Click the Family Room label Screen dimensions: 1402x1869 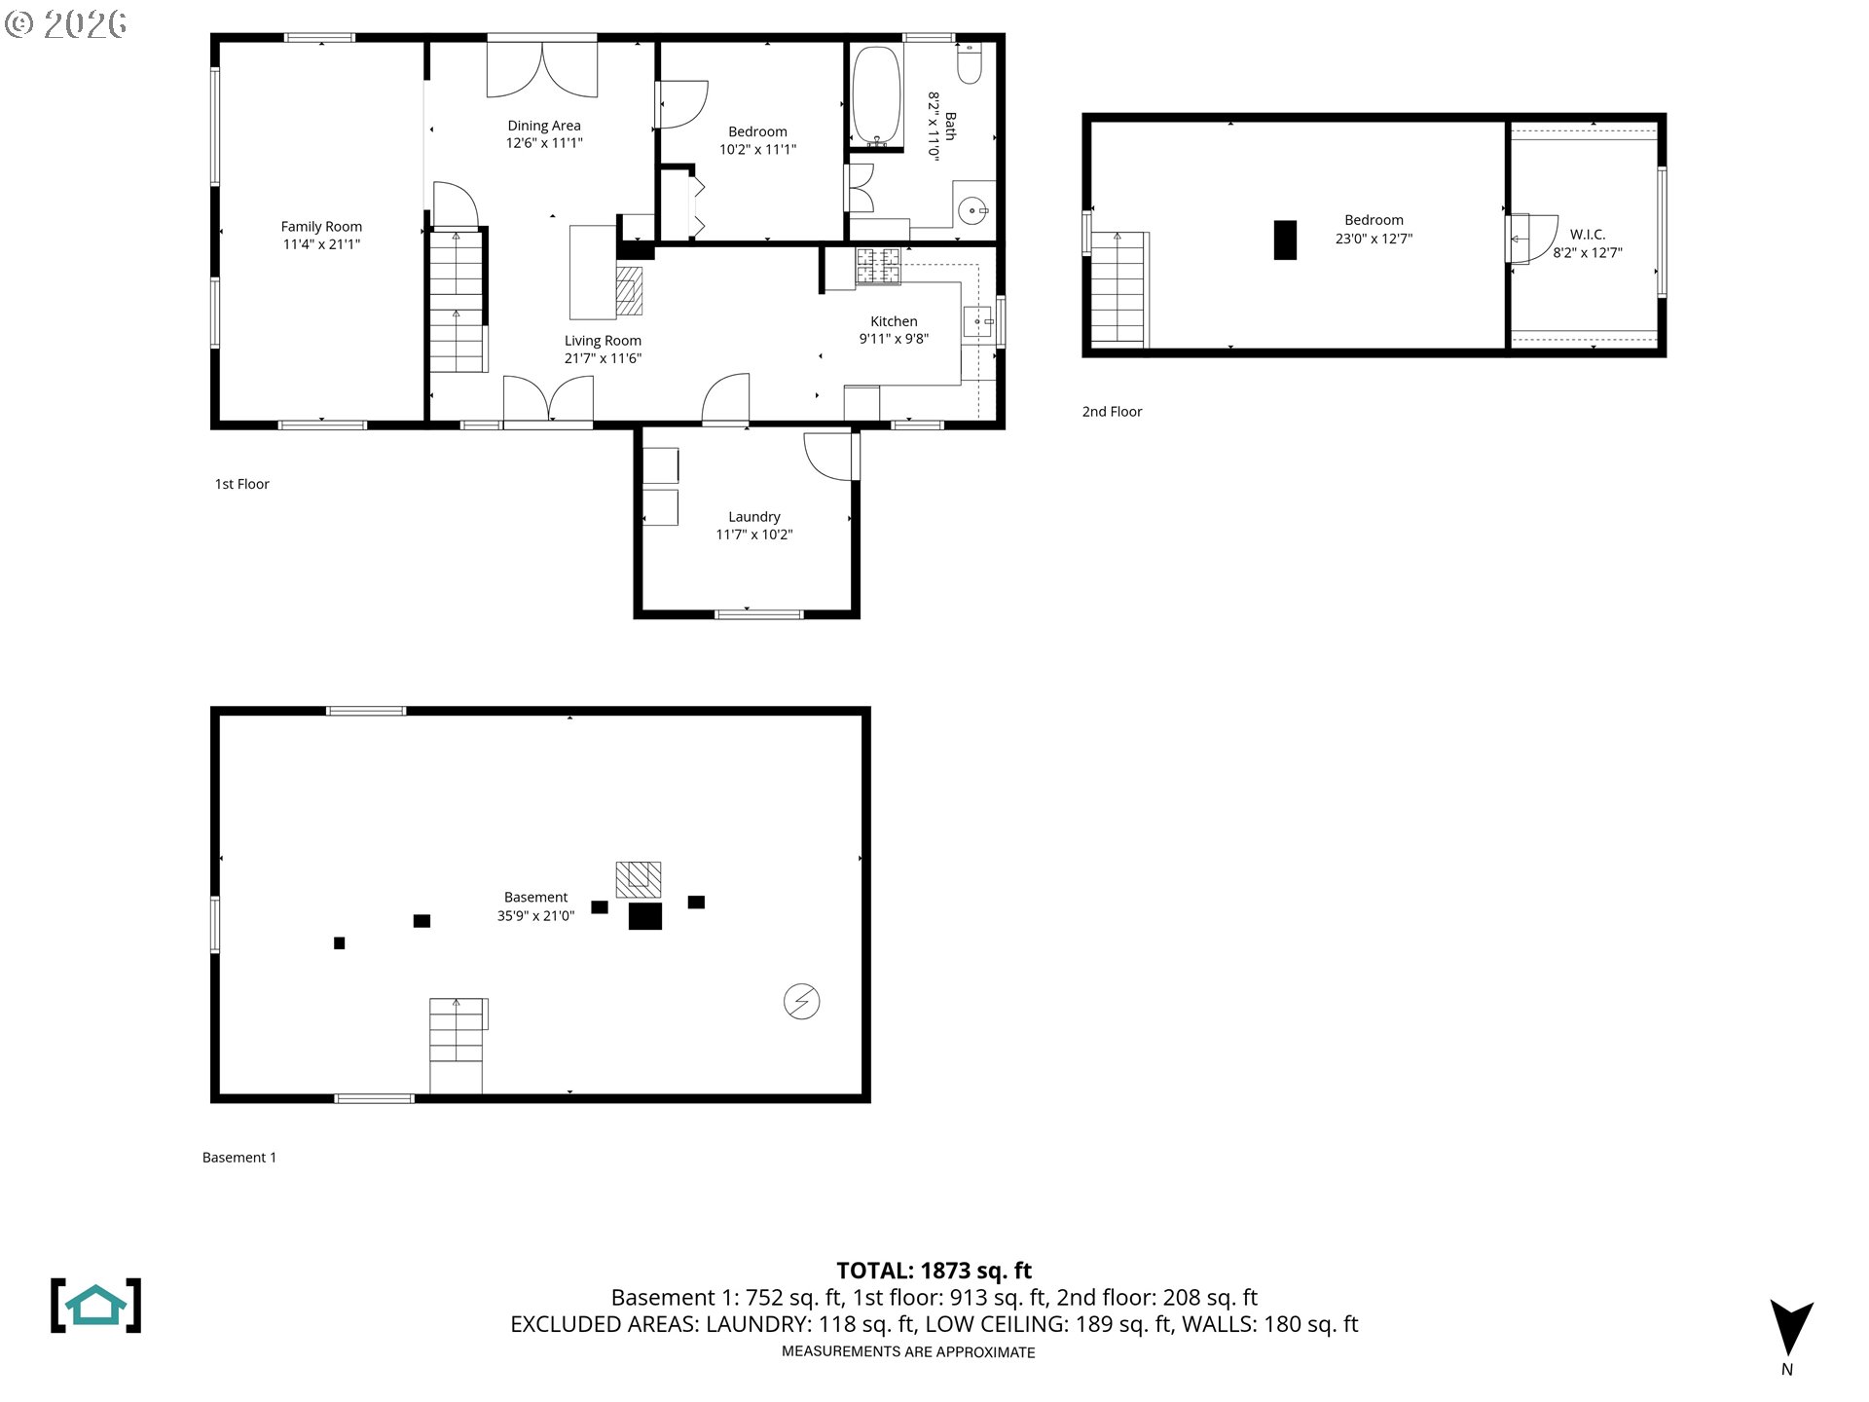[321, 227]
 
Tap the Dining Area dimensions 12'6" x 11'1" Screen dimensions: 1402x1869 [543, 143]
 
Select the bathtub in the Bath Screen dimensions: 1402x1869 [876, 94]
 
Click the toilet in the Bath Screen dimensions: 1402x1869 [970, 64]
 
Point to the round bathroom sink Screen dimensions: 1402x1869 [972, 210]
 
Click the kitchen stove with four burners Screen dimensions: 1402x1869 [878, 266]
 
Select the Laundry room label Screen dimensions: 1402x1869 [753, 517]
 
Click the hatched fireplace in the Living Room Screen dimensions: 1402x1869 [630, 290]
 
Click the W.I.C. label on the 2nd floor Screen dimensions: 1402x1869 [1587, 235]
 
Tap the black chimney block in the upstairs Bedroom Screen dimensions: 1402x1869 [1285, 240]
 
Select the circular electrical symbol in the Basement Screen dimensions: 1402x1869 [801, 1001]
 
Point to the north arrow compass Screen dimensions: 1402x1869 [1790, 1329]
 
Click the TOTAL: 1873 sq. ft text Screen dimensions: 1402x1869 [934, 1271]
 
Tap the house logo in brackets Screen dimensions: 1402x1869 [95, 1305]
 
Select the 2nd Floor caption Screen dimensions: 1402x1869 [1112, 412]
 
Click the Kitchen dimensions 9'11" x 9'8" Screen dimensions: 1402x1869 [893, 339]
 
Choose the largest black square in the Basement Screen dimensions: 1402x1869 [644, 916]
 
